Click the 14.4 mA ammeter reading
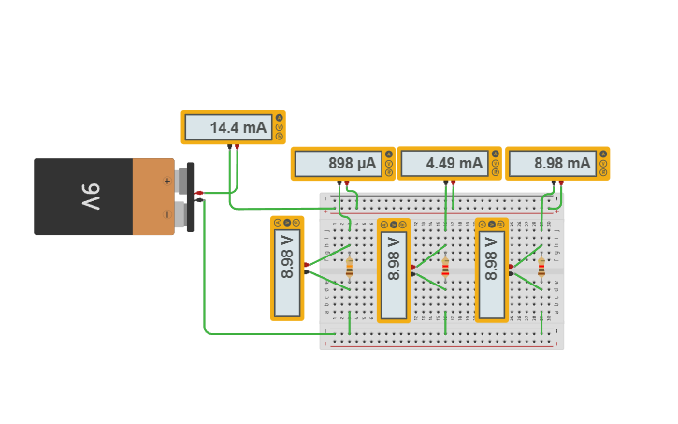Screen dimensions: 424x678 (x=238, y=127)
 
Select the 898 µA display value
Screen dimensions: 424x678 (x=352, y=163)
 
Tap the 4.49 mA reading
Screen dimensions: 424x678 (x=454, y=163)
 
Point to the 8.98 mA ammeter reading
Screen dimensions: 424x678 (x=562, y=163)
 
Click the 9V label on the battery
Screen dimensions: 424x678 (x=89, y=197)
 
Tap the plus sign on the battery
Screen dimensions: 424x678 (x=167, y=182)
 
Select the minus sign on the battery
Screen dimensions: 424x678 (x=167, y=214)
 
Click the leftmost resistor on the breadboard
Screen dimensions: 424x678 (x=350, y=269)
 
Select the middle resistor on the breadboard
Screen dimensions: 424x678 (x=445, y=269)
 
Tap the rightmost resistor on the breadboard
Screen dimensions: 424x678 (x=541, y=269)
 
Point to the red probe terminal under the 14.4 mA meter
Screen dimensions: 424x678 (x=237, y=146)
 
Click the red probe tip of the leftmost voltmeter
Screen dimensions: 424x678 (x=306, y=266)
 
